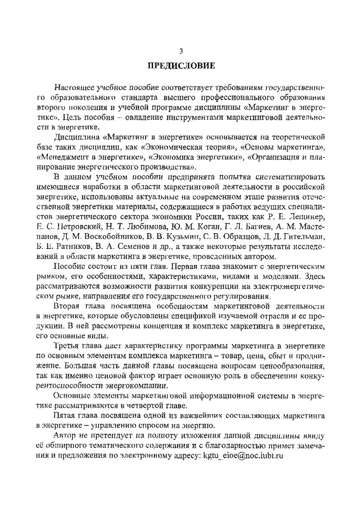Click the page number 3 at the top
[180, 50]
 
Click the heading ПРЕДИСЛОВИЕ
[180, 65]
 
